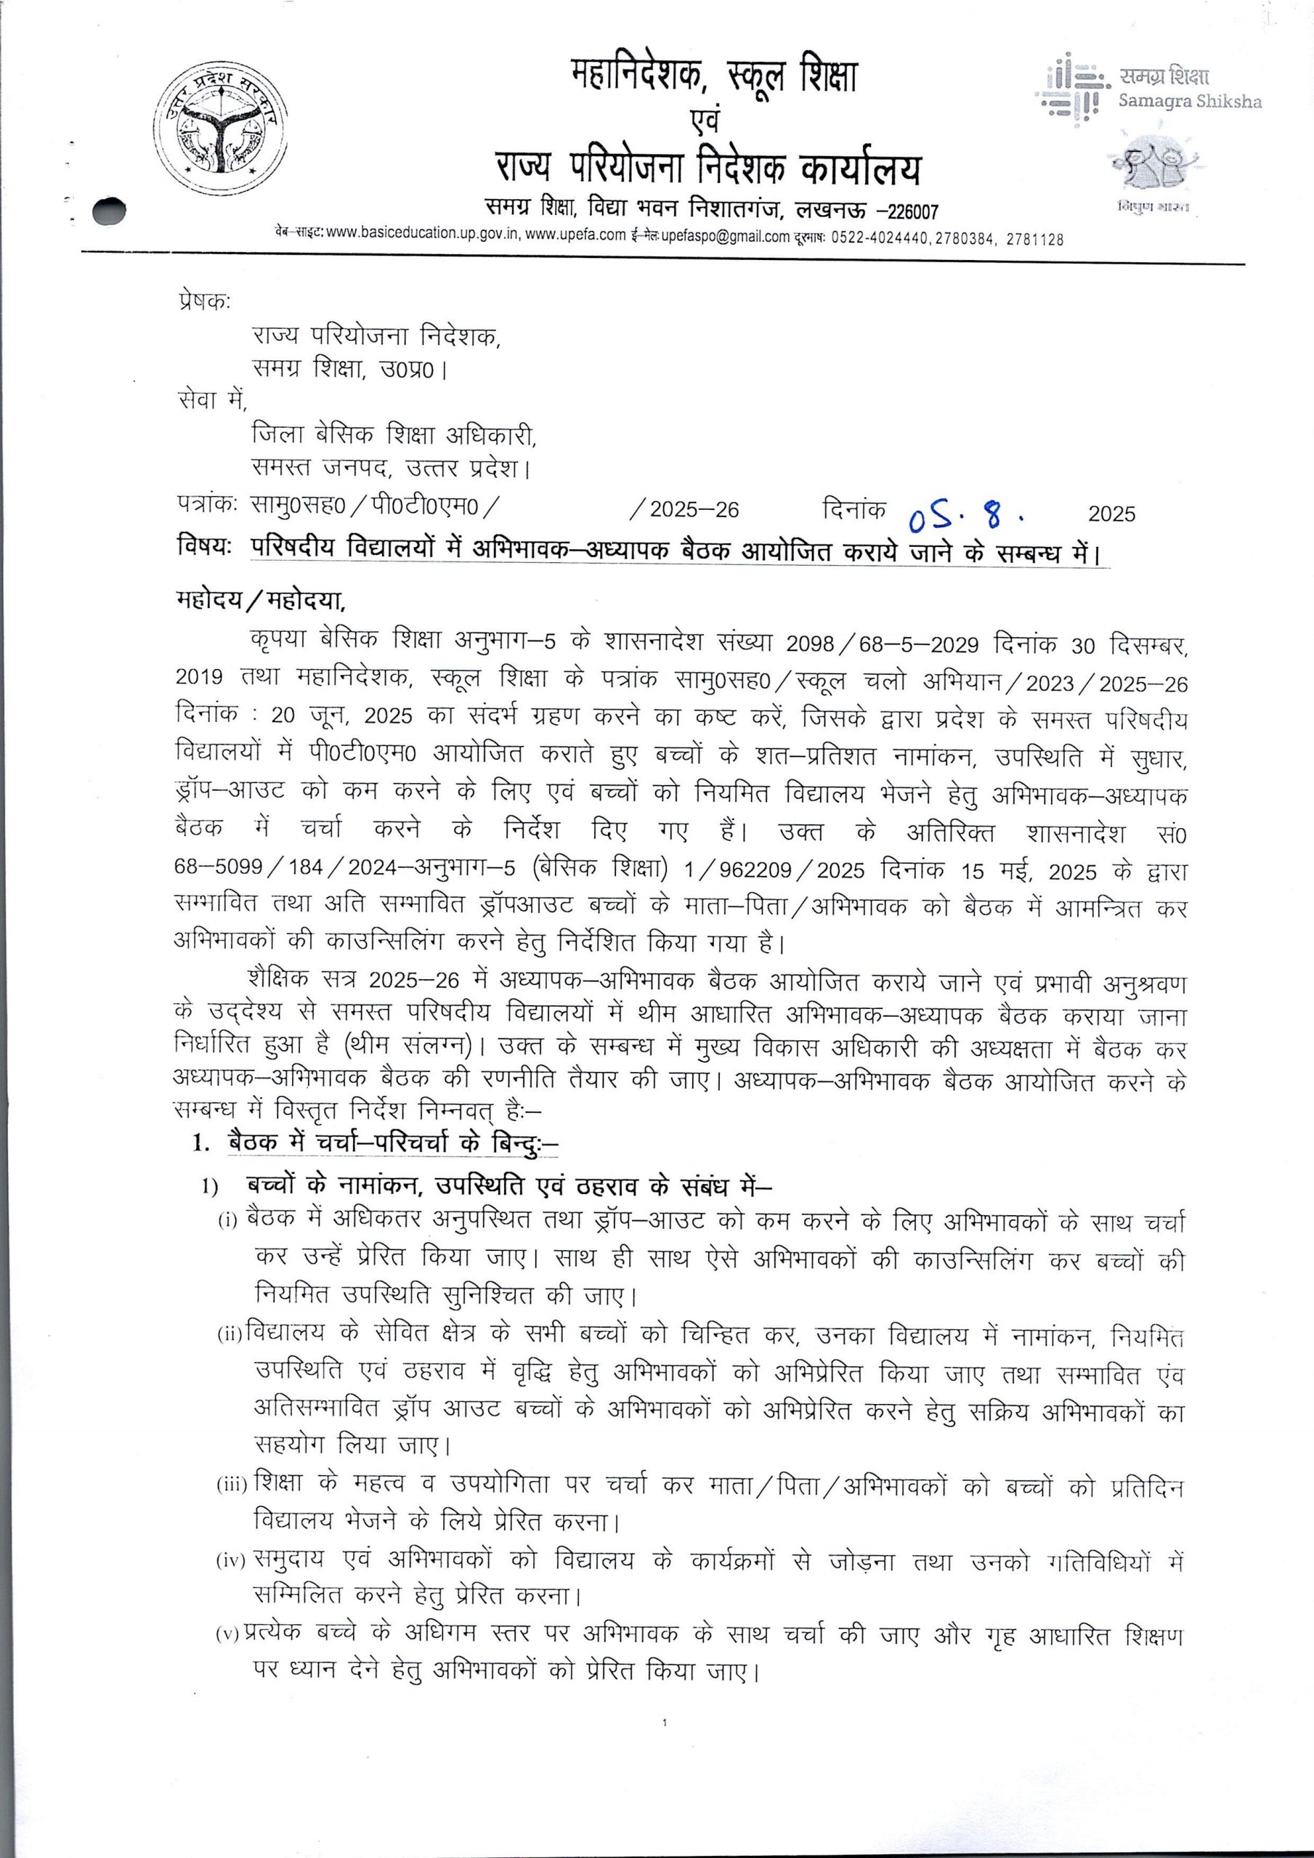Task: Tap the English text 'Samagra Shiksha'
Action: click(x=1189, y=102)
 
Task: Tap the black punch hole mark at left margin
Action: click(x=112, y=208)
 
